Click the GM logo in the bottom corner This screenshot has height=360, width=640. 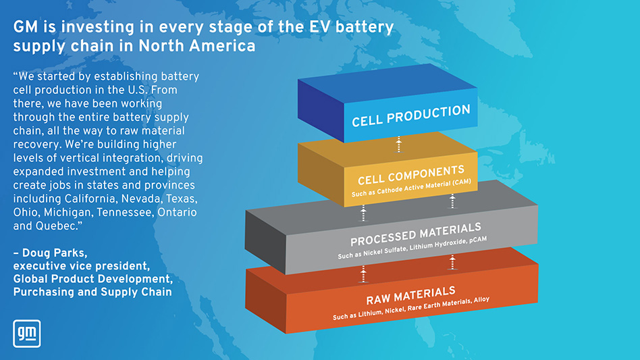pyautogui.click(x=27, y=332)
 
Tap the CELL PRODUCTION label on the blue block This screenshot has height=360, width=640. pyautogui.click(x=410, y=115)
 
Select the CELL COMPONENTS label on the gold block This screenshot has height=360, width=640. pyautogui.click(x=410, y=174)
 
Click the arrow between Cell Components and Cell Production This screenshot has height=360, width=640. pyautogui.click(x=399, y=143)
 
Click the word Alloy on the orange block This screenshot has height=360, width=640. pyautogui.click(x=482, y=299)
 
